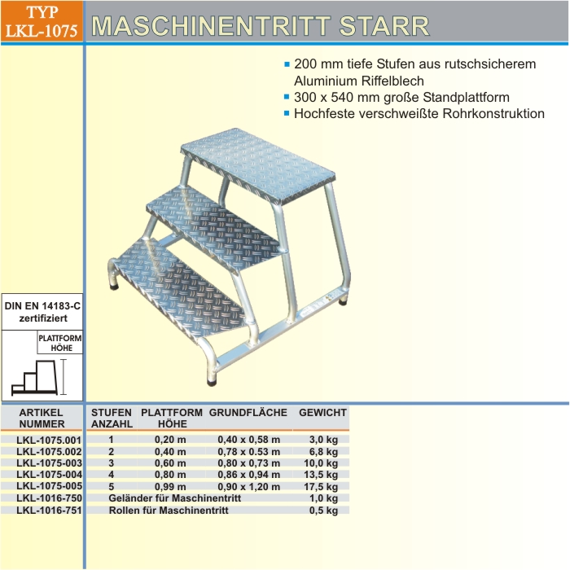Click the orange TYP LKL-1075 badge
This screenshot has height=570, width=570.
pyautogui.click(x=42, y=21)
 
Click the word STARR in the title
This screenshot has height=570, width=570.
pyautogui.click(x=384, y=25)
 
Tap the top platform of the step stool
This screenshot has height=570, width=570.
pyautogui.click(x=258, y=165)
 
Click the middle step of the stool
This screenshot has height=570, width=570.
pyautogui.click(x=213, y=228)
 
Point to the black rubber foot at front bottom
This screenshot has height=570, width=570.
pyautogui.click(x=212, y=383)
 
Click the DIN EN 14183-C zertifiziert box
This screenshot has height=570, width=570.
pyautogui.click(x=42, y=312)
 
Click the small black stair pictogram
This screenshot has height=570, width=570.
pyautogui.click(x=35, y=377)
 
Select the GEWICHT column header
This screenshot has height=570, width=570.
pyautogui.click(x=322, y=413)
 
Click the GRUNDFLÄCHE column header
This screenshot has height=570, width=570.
pyautogui.click(x=248, y=413)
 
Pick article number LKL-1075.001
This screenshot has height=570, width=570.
pyautogui.click(x=49, y=441)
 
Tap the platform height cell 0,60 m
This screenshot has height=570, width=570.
pyautogui.click(x=170, y=463)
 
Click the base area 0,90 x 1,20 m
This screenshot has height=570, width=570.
pyautogui.click(x=249, y=486)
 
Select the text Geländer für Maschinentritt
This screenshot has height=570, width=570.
pyautogui.click(x=175, y=498)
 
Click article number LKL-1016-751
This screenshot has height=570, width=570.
pyautogui.click(x=49, y=511)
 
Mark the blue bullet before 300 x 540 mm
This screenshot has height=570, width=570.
pyautogui.click(x=287, y=97)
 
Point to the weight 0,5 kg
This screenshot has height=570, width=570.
pyautogui.click(x=323, y=511)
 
